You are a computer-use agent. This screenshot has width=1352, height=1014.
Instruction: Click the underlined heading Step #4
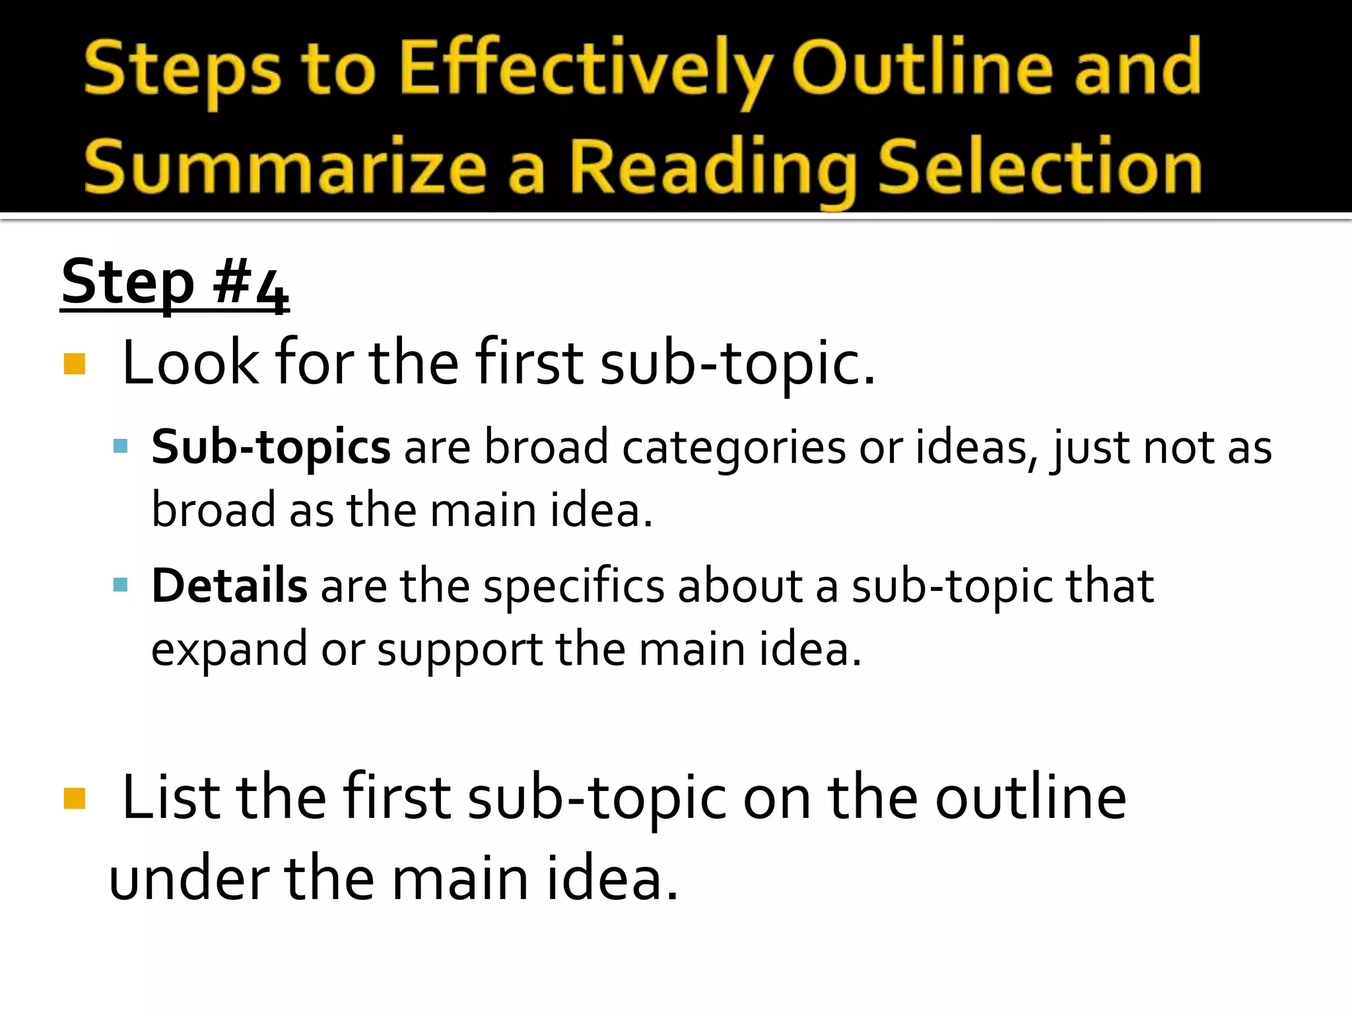175,283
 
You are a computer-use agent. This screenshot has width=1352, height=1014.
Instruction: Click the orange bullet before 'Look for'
75,364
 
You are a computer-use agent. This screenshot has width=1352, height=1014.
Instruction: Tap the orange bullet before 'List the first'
75,798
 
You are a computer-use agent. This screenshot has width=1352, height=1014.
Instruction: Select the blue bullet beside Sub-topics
120,447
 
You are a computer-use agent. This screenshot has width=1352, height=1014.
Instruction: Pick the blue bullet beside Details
120,585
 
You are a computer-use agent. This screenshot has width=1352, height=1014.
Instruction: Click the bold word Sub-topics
271,448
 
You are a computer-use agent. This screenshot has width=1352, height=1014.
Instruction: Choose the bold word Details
229,586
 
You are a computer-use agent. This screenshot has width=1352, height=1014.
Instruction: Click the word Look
191,362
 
